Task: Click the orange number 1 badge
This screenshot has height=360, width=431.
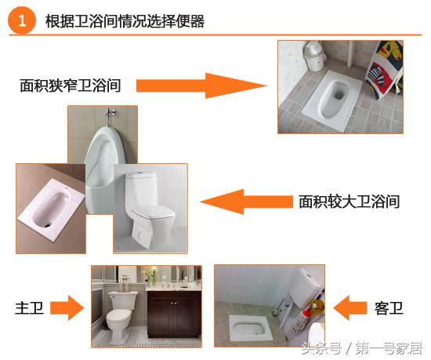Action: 22,21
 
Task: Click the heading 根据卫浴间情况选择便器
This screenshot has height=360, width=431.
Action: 126,21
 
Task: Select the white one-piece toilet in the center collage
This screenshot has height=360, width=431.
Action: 148,208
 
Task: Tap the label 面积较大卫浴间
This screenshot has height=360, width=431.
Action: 350,202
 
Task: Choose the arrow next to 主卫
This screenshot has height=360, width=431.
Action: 70,308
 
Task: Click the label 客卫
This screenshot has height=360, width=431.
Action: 389,308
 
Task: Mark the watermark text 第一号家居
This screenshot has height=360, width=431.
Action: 391,346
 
